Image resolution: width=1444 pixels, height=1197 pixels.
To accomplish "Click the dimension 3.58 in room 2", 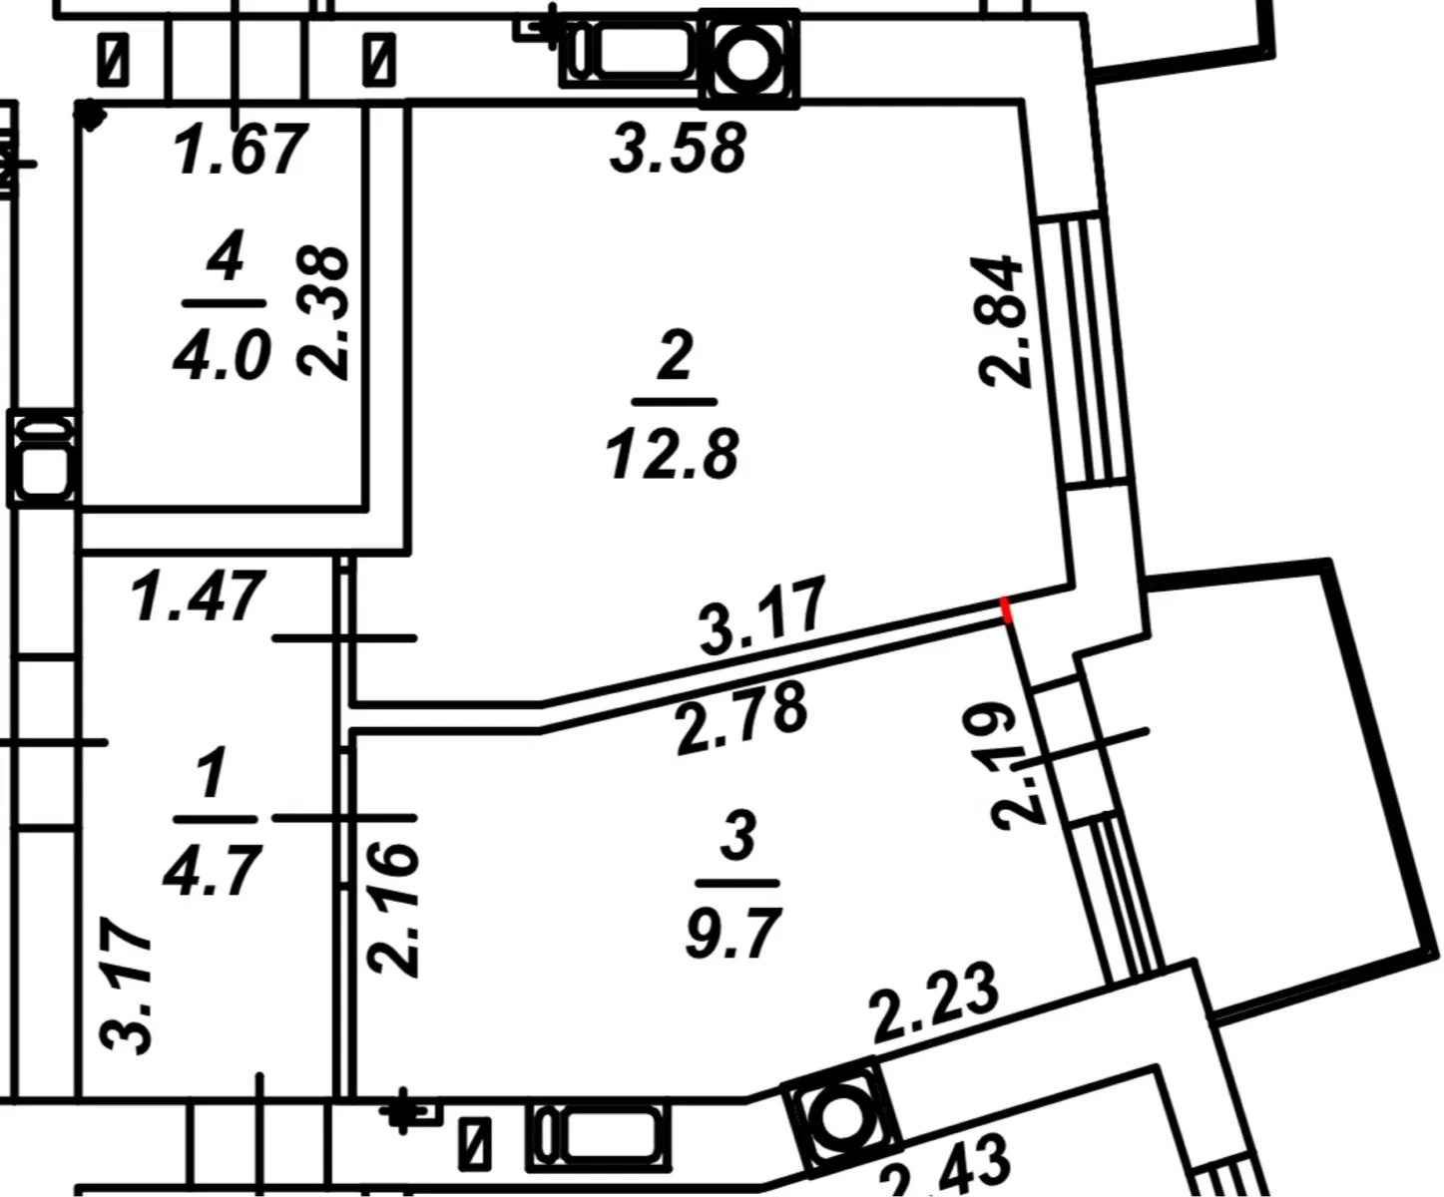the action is (679, 148).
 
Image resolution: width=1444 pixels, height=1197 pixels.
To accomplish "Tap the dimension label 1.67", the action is (240, 149).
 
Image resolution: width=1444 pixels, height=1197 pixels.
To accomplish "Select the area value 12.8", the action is (673, 453).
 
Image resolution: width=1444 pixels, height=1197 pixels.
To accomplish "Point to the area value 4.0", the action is (222, 353).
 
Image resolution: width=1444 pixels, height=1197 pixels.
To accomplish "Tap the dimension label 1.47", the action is (199, 597).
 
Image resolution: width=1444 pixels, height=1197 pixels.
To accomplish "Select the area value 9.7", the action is (733, 933).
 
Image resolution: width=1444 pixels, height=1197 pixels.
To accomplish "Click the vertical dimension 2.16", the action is (393, 907).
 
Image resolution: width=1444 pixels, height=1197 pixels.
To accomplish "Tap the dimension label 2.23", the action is (936, 1002).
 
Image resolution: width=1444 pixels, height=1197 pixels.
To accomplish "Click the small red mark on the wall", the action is (1006, 610).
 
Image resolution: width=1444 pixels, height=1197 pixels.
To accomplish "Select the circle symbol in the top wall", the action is (749, 60).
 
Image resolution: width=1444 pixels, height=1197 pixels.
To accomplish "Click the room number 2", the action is (675, 355).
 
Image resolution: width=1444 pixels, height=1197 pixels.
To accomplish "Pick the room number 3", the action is (738, 836).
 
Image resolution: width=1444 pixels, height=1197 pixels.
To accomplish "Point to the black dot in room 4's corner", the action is (89, 115).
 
